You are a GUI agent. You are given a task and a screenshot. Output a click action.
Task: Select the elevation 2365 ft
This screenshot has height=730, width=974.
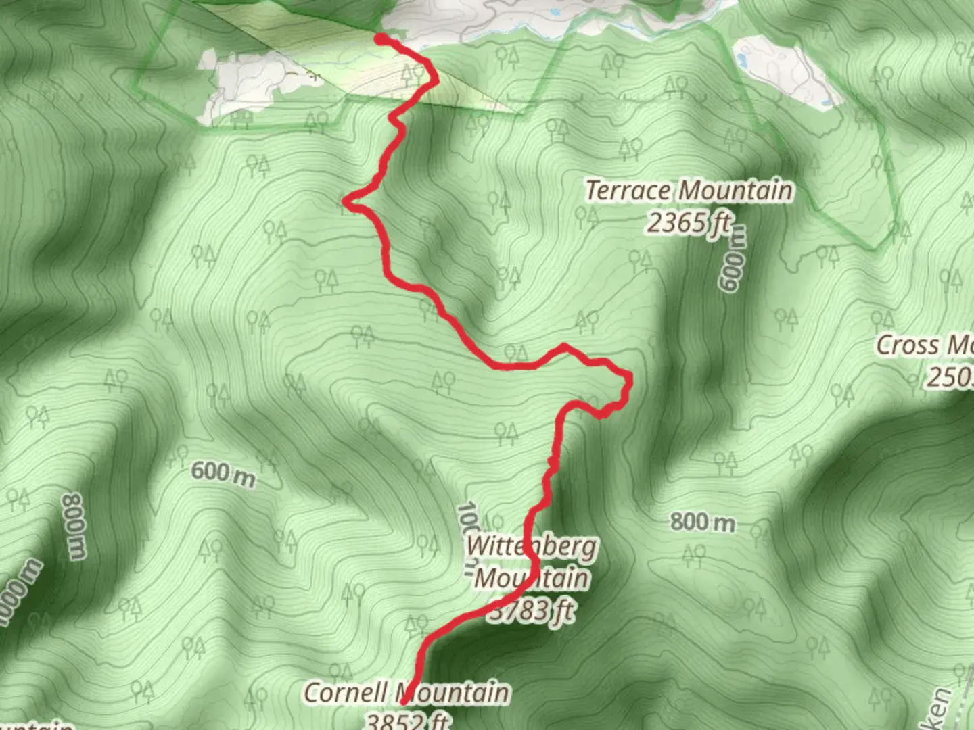(x=689, y=222)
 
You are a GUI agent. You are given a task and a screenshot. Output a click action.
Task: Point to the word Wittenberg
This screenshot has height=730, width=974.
(x=532, y=547)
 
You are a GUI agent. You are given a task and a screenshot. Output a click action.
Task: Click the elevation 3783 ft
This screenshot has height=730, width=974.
(x=532, y=611)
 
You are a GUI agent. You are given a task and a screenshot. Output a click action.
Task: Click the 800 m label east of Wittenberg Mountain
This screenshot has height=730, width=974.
(x=703, y=522)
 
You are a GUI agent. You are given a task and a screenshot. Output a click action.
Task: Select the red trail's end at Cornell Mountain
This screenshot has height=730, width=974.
(x=404, y=703)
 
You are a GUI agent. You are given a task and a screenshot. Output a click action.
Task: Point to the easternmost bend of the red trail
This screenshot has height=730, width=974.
(x=629, y=380)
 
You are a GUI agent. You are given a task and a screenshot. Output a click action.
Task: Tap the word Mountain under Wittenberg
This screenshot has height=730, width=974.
(x=532, y=579)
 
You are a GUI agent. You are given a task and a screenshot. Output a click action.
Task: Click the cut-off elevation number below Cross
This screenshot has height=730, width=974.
(x=950, y=377)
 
